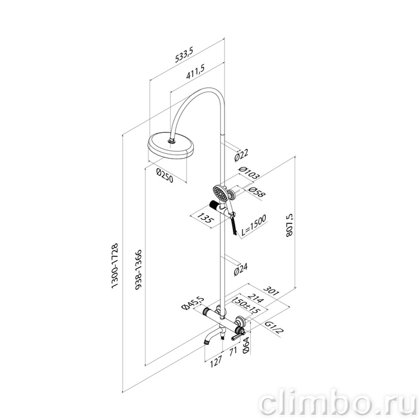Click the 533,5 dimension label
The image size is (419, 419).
click(x=184, y=54)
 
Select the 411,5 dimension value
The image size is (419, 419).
click(x=195, y=72)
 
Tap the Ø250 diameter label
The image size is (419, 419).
click(x=165, y=175)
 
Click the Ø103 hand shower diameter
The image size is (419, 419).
click(x=249, y=172)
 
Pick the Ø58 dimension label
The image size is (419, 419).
click(x=256, y=192)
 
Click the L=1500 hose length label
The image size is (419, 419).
click(x=254, y=226)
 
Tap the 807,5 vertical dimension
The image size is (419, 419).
click(x=289, y=225)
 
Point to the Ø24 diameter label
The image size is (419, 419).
click(x=241, y=269)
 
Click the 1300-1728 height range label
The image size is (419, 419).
click(x=114, y=266)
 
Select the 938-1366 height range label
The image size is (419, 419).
click(x=138, y=270)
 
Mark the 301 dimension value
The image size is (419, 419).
click(x=271, y=291)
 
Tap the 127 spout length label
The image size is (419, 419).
click(x=216, y=361)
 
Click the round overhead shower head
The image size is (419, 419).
click(x=171, y=146)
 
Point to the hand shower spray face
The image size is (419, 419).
click(x=220, y=193)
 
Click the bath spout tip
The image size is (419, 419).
click(x=207, y=341)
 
